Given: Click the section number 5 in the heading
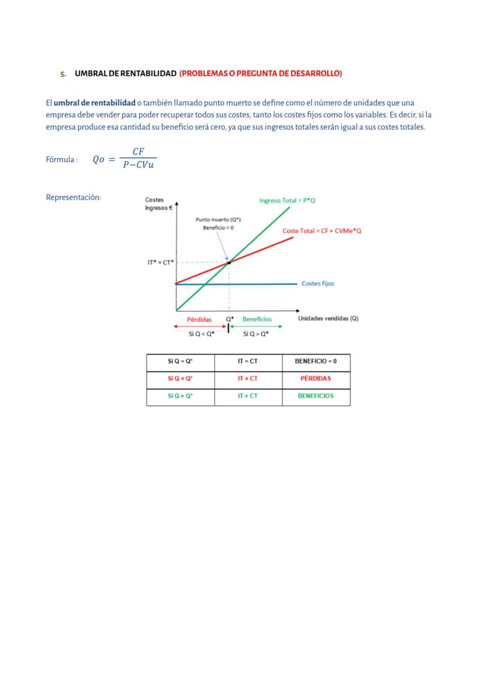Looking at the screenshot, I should (62, 74).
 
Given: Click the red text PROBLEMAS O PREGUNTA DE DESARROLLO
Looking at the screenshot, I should (261, 73).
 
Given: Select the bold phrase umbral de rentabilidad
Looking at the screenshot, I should (94, 103).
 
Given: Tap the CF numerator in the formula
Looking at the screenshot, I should (138, 151).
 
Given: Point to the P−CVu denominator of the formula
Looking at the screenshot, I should (138, 165).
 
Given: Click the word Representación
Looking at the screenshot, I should (73, 197).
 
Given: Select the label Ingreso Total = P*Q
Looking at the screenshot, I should (287, 200).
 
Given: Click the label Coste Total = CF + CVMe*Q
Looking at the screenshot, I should (322, 231).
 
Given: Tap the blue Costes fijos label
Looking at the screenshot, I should (318, 283).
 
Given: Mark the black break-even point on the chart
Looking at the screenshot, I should (229, 263).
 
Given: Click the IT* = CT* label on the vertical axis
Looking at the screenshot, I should (161, 263).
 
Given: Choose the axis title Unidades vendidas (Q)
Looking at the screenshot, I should (328, 319).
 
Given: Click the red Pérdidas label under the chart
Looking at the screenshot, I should (199, 319).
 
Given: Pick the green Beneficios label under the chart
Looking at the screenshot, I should (257, 319).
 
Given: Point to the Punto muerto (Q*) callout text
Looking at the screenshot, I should (218, 220).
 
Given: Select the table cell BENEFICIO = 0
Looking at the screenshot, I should (316, 361).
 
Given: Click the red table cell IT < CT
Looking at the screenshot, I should (247, 379).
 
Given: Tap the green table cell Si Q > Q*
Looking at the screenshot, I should (180, 396).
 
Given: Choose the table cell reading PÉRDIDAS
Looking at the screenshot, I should (316, 379).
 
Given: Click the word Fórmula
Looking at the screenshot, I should (61, 160).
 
